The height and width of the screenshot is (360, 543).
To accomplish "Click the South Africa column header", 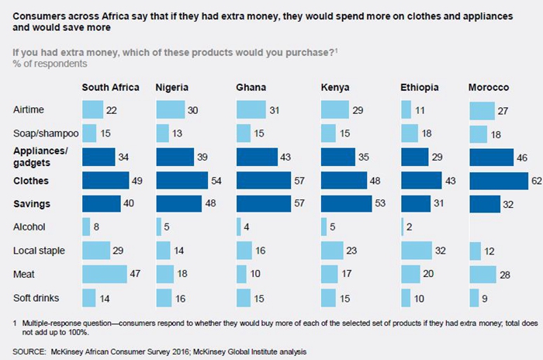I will [x=110, y=87].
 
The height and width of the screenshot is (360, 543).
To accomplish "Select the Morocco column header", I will [x=489, y=87].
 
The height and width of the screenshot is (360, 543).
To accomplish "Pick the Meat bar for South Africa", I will [x=104, y=274].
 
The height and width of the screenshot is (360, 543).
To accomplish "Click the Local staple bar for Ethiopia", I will [x=416, y=251].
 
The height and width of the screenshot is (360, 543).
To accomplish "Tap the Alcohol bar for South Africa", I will [x=86, y=227].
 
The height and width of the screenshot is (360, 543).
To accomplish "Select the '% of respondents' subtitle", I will [x=48, y=63].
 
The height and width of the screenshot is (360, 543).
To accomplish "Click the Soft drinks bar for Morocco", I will [x=474, y=297].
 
